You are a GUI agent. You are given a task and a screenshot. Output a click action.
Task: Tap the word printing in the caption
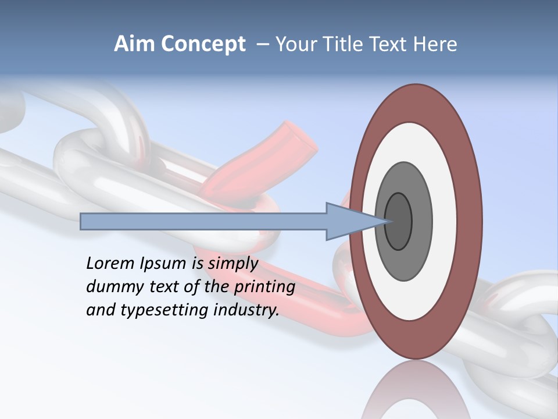264,287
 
